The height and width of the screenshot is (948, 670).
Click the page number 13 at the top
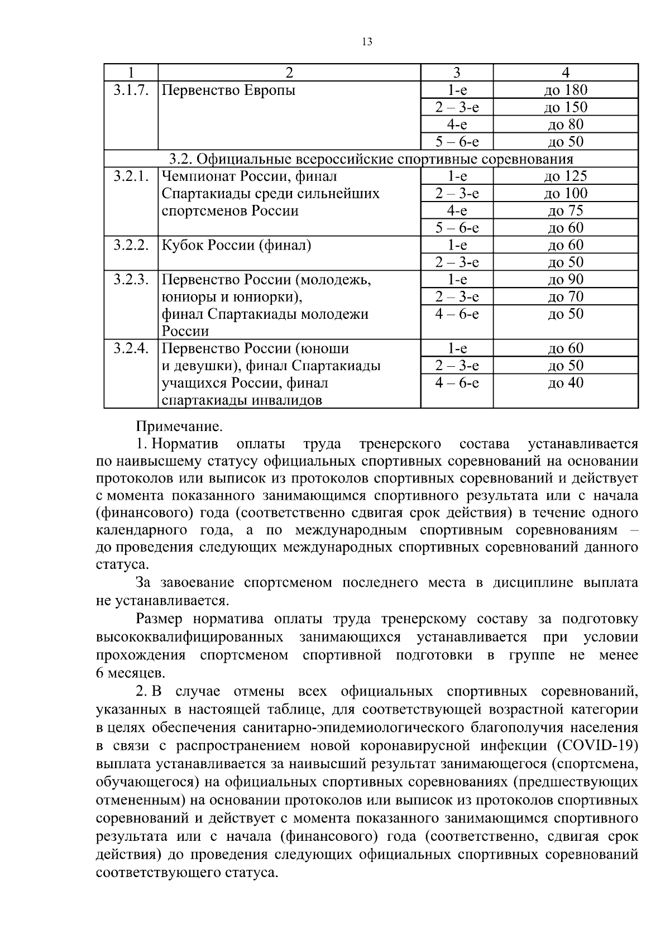click(367, 42)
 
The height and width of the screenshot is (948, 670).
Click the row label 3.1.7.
click(131, 90)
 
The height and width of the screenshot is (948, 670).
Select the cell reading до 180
click(565, 90)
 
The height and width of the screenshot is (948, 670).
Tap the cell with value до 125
click(565, 176)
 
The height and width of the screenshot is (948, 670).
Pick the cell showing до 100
click(565, 194)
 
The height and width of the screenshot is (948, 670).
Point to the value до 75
click(565, 210)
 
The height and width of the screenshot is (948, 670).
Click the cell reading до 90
click(565, 280)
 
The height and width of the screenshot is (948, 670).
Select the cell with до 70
click(565, 296)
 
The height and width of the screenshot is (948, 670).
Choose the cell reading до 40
click(565, 383)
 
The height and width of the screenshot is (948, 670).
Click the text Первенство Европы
click(228, 90)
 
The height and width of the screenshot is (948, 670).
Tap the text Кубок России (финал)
click(236, 245)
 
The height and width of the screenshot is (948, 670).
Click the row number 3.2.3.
click(131, 280)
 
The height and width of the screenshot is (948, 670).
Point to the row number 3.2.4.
click(131, 349)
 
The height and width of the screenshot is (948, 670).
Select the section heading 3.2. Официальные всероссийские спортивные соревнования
click(371, 159)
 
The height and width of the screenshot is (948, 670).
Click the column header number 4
click(565, 73)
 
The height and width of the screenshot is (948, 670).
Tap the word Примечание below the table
click(179, 427)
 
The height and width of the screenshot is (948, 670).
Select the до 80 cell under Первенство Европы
click(565, 125)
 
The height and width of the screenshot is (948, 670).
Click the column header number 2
click(289, 73)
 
